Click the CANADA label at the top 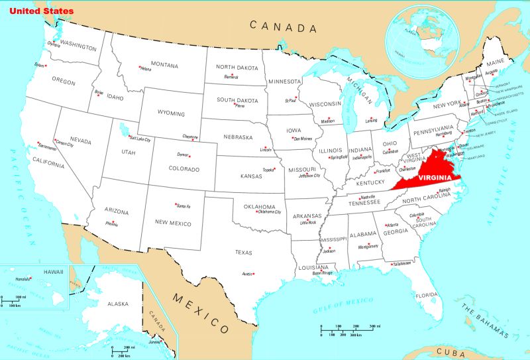click(x=283, y=27)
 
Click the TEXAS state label click(x=244, y=252)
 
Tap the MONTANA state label click(x=164, y=65)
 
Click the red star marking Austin click(x=254, y=274)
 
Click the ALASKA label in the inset click(x=118, y=304)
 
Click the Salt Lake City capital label click(x=140, y=140)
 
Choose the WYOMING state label click(x=171, y=113)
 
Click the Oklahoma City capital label click(x=270, y=212)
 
